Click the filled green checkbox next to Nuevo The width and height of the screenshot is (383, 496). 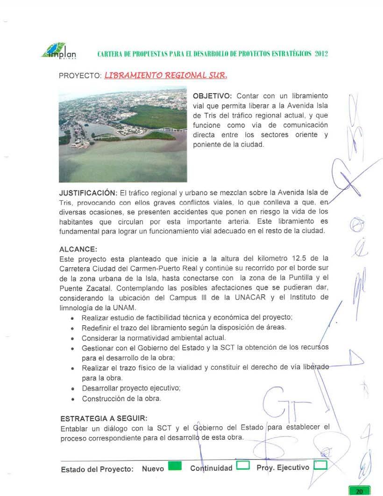175,467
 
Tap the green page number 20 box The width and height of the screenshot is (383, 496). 359,491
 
